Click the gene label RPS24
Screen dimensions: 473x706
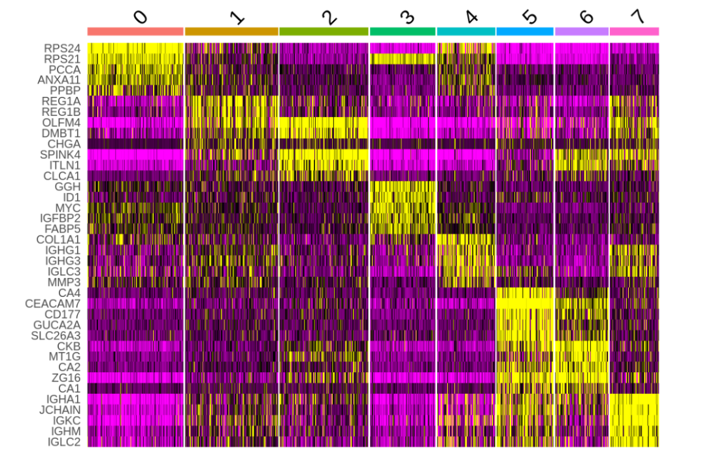coord(63,48)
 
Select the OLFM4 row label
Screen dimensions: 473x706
coord(63,122)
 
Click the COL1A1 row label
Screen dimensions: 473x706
coord(58,239)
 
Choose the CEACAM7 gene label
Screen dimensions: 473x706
coord(53,304)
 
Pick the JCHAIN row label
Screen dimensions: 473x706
coord(59,410)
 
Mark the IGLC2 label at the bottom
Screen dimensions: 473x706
coord(64,442)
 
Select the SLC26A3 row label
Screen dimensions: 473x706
coord(56,336)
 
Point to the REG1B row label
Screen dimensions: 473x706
coord(63,111)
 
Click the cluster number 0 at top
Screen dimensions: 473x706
coord(140,16)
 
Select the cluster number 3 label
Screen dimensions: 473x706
coord(407,16)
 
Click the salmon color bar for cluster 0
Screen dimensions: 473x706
coord(135,31)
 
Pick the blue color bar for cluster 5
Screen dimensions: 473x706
coord(525,31)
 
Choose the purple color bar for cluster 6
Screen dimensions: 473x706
coord(582,31)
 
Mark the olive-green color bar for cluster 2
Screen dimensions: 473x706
coord(324,31)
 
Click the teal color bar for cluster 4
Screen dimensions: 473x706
coord(466,31)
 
